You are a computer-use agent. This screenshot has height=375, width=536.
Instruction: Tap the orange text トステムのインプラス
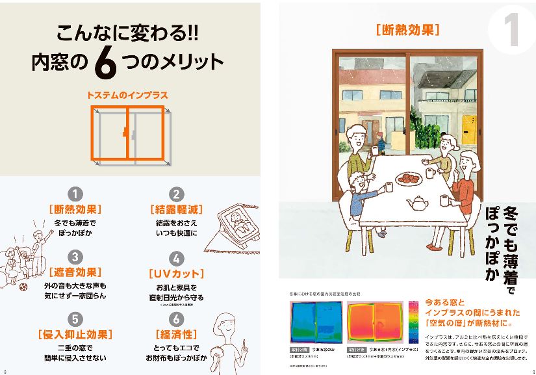127,95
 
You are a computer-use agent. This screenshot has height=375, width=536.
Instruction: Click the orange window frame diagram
127,133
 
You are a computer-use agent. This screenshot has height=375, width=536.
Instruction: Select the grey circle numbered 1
76,194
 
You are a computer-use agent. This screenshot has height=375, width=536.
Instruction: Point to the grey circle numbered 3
76,257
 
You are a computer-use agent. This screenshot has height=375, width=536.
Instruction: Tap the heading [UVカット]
176,273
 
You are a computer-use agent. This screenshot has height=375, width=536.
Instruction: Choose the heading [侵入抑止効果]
76,335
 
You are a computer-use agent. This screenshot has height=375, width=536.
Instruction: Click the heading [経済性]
176,335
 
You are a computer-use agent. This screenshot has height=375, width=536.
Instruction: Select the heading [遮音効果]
76,272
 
